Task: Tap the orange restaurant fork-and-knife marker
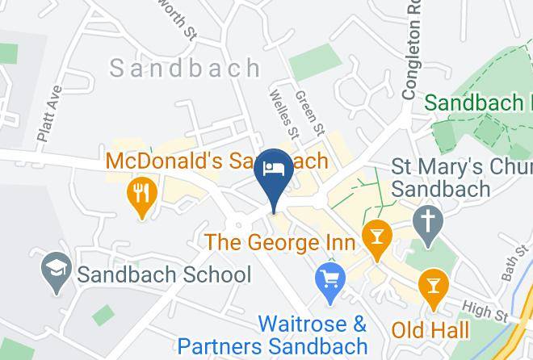coord(141,194)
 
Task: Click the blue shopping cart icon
coord(330,281)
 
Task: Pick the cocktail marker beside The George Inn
coord(376,237)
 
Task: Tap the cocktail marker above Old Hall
coord(434,286)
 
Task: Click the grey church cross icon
coord(427,220)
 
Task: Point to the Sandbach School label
coord(164,274)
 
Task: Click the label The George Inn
coord(279,241)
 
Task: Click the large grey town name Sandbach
coord(185,68)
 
